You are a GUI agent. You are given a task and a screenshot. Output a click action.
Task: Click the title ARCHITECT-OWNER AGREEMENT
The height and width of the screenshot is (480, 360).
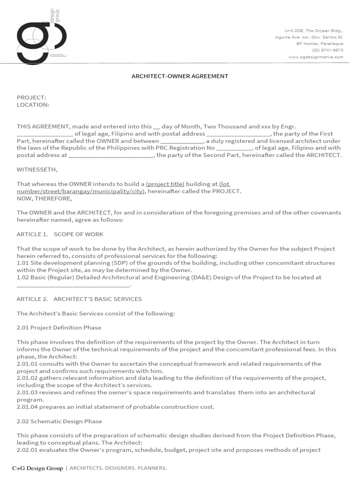click(180, 76)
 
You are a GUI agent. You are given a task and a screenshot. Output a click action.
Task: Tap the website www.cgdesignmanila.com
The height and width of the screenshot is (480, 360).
click(315, 57)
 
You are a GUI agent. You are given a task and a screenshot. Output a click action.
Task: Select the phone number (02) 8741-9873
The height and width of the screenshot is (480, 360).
click(327, 50)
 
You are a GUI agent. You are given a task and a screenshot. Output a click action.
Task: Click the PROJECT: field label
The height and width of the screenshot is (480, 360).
click(31, 97)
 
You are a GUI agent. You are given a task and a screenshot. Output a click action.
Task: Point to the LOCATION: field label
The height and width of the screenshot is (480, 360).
click(33, 105)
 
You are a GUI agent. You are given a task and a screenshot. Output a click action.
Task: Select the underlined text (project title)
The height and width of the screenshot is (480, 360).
click(165, 184)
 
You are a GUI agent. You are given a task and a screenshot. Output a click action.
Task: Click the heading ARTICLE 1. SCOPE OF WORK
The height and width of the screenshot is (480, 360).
click(60, 234)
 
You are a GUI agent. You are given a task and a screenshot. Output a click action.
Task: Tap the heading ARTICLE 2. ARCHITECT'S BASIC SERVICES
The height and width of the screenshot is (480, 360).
click(79, 299)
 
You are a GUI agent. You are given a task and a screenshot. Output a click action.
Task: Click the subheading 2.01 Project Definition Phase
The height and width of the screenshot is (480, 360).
click(59, 328)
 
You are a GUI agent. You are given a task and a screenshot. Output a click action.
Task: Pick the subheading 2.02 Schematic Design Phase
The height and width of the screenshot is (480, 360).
click(59, 421)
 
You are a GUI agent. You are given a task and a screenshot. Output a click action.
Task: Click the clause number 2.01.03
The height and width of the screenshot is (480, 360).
click(28, 392)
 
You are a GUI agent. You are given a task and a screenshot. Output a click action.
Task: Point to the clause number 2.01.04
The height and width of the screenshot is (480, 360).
click(28, 407)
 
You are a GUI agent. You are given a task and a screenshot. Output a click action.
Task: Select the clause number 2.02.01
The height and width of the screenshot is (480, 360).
click(28, 450)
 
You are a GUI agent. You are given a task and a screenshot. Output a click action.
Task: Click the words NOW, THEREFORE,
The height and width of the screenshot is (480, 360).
click(45, 198)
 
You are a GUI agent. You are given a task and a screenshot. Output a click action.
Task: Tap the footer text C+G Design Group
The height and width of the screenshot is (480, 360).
click(37, 468)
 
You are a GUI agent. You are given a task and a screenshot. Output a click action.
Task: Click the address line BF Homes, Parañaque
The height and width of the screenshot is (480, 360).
click(320, 43)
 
